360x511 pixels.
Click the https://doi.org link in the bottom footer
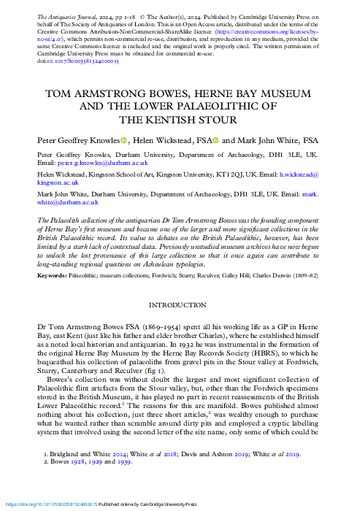click(51, 504)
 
